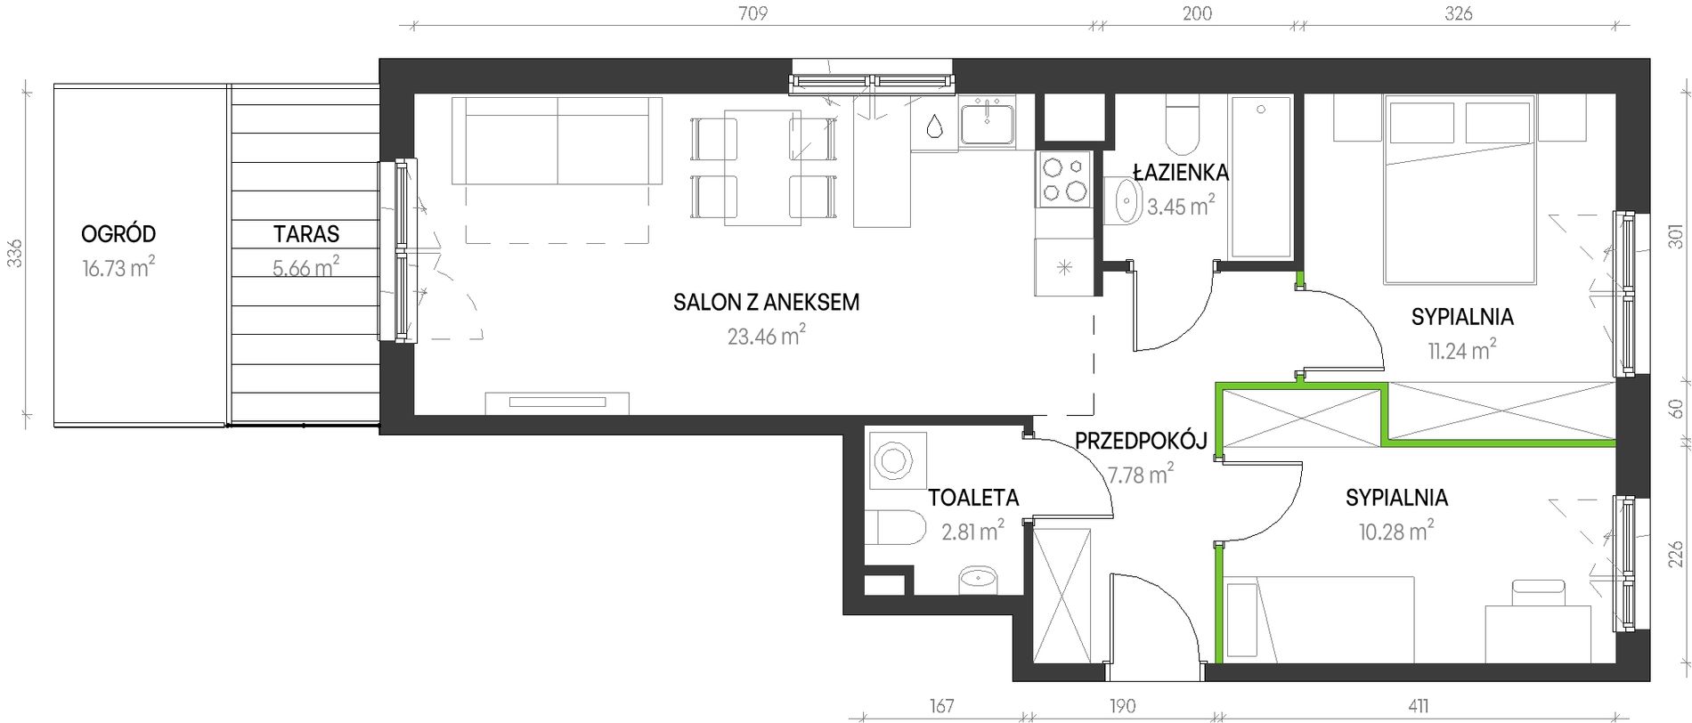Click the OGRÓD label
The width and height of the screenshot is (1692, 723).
click(118, 234)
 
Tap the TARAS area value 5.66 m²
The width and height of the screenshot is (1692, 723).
click(306, 266)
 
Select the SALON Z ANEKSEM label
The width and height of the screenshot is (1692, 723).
click(767, 302)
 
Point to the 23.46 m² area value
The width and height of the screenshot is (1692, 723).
click(767, 336)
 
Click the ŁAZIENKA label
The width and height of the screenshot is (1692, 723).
click(1181, 172)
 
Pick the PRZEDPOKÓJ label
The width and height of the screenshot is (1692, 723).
click(1141, 440)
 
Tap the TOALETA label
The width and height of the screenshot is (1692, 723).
click(973, 498)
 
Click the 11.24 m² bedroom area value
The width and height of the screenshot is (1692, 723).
click(1462, 349)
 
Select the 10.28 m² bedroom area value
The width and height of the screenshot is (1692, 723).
click(1396, 531)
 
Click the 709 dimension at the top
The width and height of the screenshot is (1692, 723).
click(753, 13)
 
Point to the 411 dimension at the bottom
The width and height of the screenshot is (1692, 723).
click(1419, 707)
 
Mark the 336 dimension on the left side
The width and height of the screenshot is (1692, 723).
click(13, 254)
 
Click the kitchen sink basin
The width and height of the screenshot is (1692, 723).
click(987, 123)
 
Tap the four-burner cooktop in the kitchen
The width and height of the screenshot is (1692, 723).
click(1064, 178)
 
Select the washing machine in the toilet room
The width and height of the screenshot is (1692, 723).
click(897, 461)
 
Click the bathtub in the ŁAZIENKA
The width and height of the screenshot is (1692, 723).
click(1260, 177)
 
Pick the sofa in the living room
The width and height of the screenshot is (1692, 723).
click(557, 141)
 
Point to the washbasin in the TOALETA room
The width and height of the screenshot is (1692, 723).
click(979, 579)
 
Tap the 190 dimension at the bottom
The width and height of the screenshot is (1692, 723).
click(1123, 707)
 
